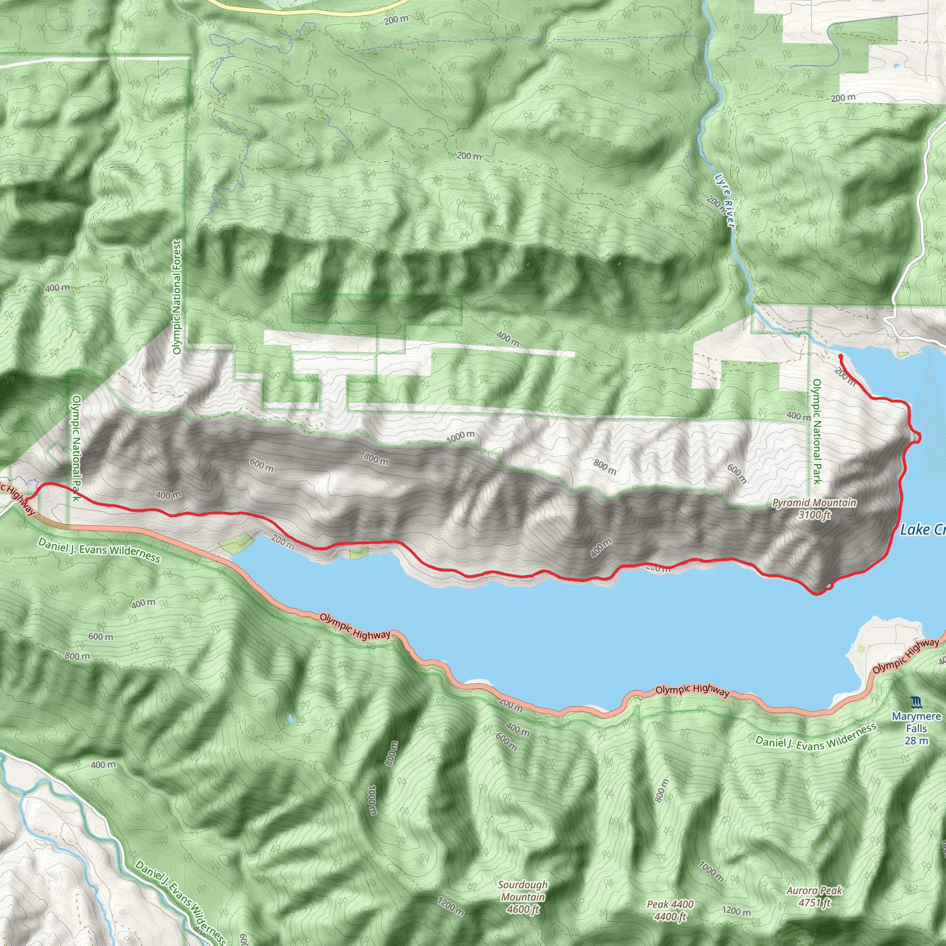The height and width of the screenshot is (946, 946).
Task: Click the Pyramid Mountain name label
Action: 815,503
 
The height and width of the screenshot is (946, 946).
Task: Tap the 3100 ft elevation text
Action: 815,515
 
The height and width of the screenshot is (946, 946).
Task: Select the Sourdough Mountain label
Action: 523,891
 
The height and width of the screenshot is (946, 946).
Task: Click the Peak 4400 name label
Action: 670,904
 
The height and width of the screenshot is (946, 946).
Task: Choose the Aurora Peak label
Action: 814,891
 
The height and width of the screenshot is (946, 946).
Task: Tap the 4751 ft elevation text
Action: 814,903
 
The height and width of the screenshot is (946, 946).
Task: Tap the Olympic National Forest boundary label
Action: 177,297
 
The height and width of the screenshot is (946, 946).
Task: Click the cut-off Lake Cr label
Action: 922,530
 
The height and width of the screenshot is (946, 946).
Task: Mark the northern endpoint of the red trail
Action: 841,356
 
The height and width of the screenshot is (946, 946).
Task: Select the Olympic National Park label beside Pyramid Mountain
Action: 817,431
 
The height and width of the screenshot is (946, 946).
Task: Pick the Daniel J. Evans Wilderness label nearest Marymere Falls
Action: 816,737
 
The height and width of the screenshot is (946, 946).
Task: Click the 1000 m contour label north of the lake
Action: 460,436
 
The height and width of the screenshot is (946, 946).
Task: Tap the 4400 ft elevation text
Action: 670,916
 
